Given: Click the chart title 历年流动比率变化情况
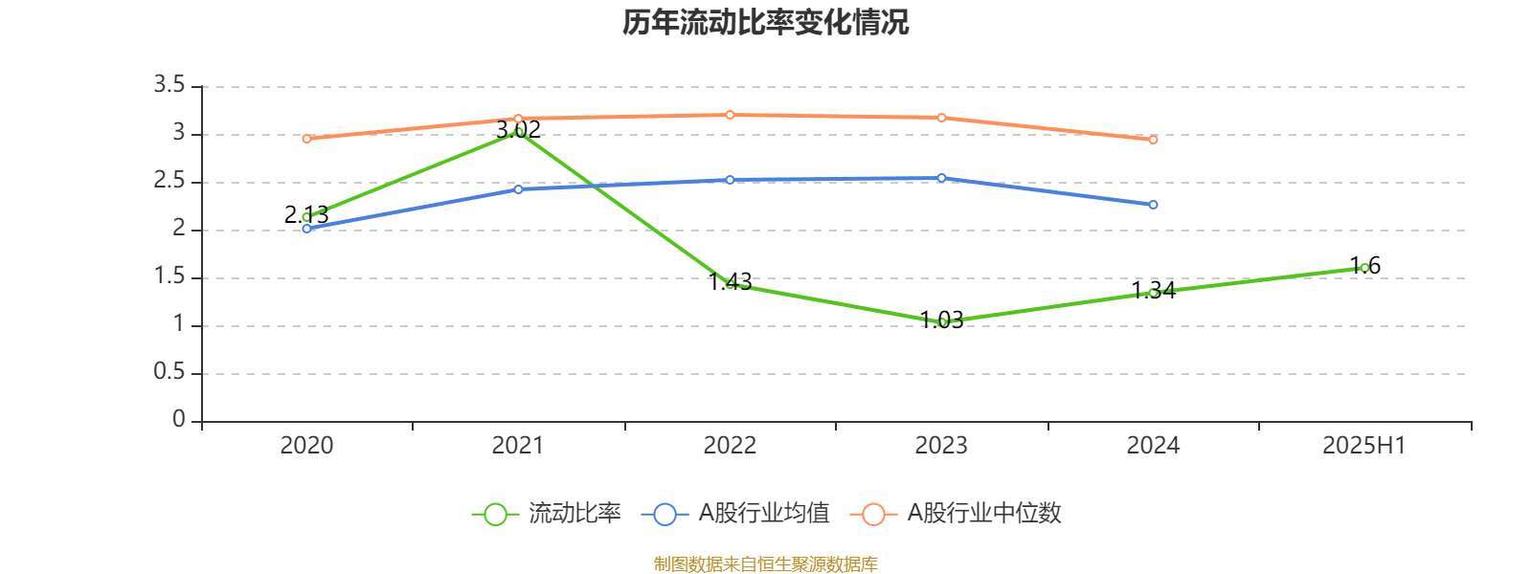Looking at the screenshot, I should click(x=765, y=22).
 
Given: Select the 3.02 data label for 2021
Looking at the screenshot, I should click(x=518, y=129).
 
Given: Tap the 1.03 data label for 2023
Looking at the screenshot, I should click(x=941, y=320).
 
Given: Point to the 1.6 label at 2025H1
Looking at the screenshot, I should click(x=1364, y=265).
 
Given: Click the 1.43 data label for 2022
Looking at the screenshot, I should click(x=730, y=282).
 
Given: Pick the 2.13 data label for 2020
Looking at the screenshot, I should click(x=306, y=214).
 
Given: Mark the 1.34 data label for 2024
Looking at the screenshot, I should click(x=1153, y=290).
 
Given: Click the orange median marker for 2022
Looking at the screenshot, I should click(x=730, y=115).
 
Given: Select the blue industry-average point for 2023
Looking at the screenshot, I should click(x=941, y=178).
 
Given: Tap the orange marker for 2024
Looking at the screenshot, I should click(x=1153, y=140).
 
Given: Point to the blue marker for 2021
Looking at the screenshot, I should click(x=518, y=189).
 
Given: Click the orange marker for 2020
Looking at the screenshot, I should click(x=306, y=139).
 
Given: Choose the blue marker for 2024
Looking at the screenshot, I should click(x=1153, y=205).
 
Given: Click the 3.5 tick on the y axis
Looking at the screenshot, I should click(x=169, y=86).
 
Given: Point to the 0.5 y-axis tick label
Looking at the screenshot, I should click(x=169, y=372).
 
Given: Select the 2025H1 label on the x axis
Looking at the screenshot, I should click(x=1363, y=445).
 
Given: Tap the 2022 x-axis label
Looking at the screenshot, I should click(x=730, y=445).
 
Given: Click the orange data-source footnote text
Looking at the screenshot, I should click(x=765, y=564).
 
